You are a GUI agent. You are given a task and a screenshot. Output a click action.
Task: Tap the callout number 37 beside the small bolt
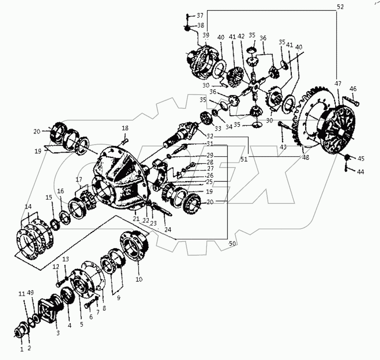click(200, 15)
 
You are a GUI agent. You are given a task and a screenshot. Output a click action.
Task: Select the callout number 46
click(353, 89)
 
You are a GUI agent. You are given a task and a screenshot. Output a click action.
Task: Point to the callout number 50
click(232, 244)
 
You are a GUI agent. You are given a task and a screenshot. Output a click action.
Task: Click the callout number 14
click(28, 206)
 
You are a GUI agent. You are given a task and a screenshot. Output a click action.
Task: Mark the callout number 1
click(22, 349)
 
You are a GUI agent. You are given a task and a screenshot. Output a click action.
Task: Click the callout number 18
click(125, 128)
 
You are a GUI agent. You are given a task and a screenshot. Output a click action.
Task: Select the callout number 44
click(360, 172)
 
